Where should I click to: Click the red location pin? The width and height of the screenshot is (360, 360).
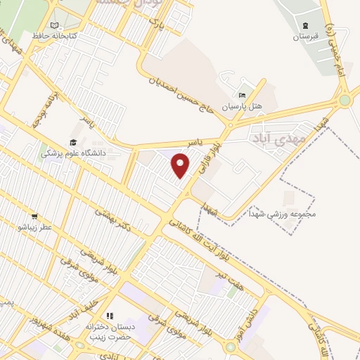coord(181,165)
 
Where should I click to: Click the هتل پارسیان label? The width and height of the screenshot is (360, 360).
coord(242,106)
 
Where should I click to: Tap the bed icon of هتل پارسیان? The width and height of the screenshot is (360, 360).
coord(243,96)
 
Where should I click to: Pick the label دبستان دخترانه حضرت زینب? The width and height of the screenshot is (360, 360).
coord(109,332)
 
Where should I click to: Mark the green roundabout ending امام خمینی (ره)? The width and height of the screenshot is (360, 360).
coord(345,101)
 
